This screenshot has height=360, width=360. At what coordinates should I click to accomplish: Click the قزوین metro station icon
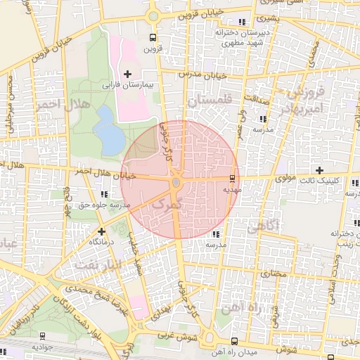pos(153,37)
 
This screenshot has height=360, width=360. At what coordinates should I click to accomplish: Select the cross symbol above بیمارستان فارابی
pos(127,74)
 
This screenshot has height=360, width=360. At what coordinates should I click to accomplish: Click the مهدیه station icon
pos(233,179)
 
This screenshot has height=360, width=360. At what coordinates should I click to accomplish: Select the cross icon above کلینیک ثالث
pos(320,170)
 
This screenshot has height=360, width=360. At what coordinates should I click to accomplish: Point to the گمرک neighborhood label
pos(167,203)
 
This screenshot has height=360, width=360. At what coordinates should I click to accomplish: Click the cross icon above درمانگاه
pos(102,231)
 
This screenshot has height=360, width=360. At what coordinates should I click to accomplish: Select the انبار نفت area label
pos(97,264)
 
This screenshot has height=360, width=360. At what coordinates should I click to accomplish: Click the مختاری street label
pos(273,274)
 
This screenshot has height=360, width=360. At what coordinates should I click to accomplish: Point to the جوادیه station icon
pos(41,336)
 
